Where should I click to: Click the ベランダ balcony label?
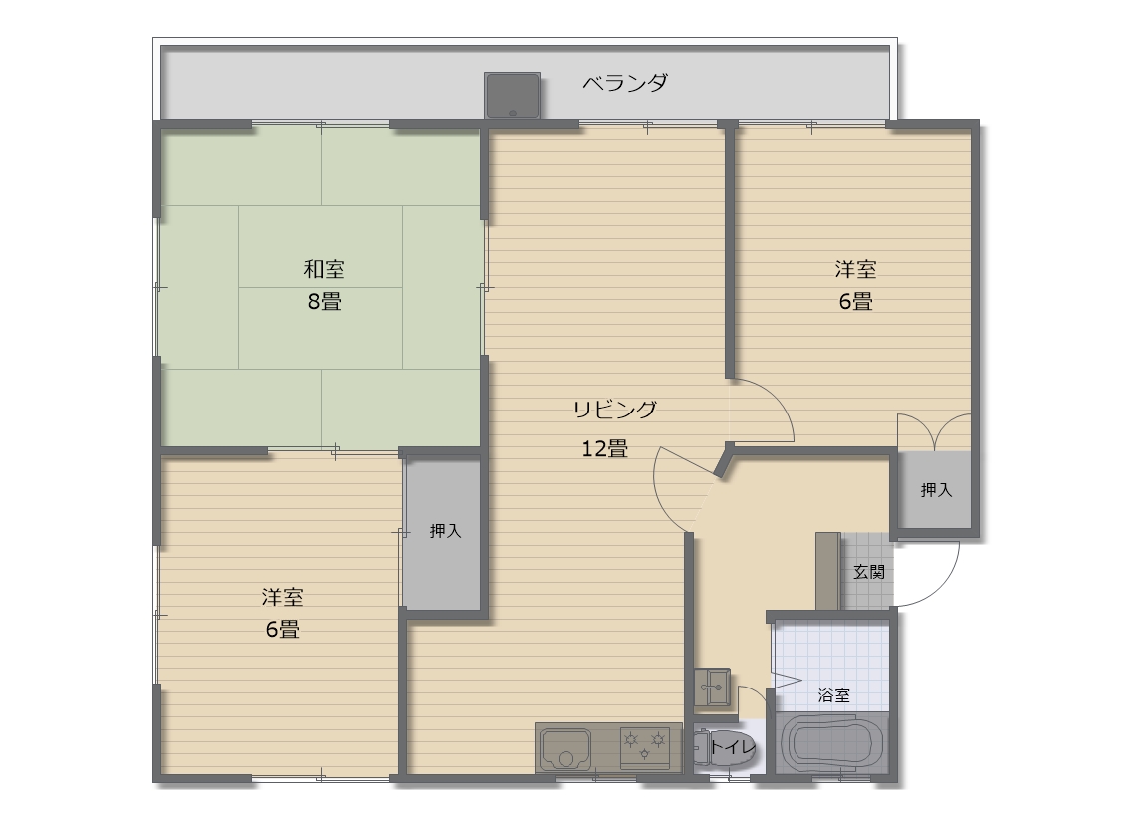(625, 83)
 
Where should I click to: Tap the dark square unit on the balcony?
(513, 95)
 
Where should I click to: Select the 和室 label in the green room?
(324, 269)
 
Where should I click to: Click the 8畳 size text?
(324, 301)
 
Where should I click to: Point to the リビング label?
(614, 409)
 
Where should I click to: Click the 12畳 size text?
(604, 448)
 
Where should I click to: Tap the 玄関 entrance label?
(869, 572)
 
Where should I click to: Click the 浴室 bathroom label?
(834, 695)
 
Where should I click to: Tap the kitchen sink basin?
(567, 748)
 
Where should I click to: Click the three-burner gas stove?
(644, 747)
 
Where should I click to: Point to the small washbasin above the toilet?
(711, 687)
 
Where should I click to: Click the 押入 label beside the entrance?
(936, 490)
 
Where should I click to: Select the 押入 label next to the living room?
(445, 531)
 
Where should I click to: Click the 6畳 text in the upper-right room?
(855, 301)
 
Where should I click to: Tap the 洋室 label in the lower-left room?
(282, 597)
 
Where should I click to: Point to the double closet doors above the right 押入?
(934, 433)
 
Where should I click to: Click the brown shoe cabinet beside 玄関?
(827, 571)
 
